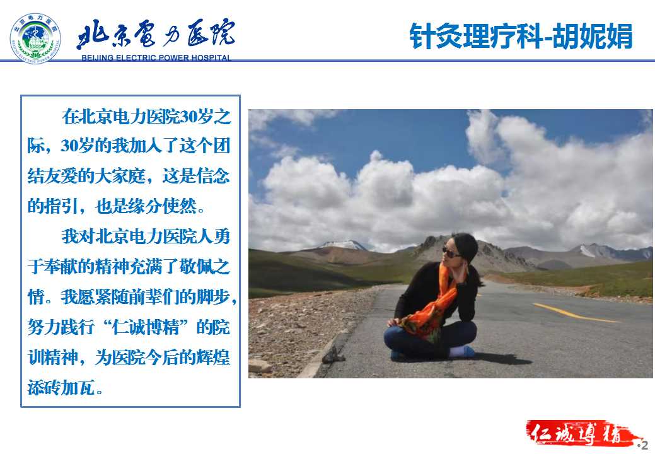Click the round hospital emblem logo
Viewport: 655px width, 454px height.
(x=35, y=38)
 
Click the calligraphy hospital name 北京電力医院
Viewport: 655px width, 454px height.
(x=155, y=33)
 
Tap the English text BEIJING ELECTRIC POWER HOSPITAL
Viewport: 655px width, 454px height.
(x=156, y=57)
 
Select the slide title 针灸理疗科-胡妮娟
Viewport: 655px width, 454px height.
(x=521, y=37)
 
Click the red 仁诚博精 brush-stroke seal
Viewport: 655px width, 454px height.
(x=581, y=433)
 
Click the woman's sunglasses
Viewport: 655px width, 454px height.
(x=451, y=253)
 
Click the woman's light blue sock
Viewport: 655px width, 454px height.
(x=462, y=352)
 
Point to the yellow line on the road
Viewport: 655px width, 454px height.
(x=576, y=313)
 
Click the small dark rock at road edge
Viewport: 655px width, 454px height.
(x=333, y=354)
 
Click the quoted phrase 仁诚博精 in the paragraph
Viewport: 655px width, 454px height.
(x=146, y=327)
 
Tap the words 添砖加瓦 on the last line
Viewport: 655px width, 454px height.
(x=61, y=387)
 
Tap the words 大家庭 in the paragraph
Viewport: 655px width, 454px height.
(x=120, y=176)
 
